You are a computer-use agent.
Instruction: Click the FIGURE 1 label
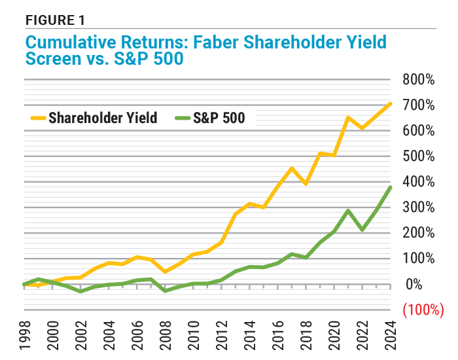point(55,19)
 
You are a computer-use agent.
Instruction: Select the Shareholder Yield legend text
point(103,118)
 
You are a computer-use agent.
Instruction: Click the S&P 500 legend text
point(219,118)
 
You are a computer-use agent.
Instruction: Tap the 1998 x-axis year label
point(24,334)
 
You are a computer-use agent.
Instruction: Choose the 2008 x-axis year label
point(166,334)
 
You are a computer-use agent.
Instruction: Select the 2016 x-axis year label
point(279,334)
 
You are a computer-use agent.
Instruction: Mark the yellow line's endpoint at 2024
point(391,103)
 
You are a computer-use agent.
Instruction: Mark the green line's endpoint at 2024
point(391,187)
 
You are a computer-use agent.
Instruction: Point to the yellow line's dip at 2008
point(166,272)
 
